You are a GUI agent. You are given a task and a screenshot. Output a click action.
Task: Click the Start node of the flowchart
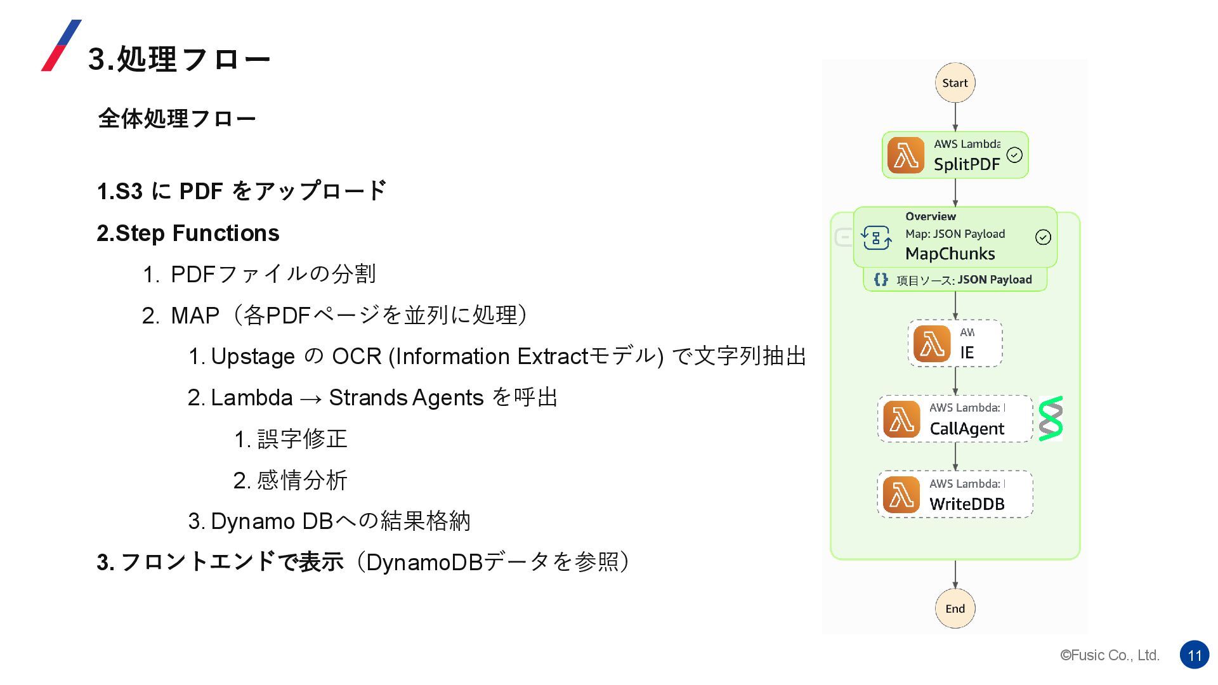coord(955,83)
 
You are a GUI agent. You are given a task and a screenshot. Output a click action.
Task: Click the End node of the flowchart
coord(955,609)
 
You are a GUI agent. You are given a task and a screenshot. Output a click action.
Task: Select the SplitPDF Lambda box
coord(955,155)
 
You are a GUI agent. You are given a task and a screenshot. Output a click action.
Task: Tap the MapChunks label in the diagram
coord(950,254)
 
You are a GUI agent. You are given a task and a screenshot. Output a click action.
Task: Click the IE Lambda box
coord(955,344)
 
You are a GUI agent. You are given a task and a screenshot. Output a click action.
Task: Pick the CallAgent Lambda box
coord(955,419)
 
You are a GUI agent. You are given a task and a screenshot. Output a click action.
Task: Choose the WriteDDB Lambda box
coord(955,495)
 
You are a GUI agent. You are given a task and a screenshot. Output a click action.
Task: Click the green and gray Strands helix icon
coord(1051,419)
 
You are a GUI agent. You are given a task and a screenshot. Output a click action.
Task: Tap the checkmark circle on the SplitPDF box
coord(1014,155)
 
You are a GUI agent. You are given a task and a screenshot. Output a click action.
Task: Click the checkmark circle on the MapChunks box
coord(1043,237)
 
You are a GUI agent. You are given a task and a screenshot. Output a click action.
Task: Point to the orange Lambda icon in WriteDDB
coord(901,495)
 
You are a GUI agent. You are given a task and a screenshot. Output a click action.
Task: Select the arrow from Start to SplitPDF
coord(955,117)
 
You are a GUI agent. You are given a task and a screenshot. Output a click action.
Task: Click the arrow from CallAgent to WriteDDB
coord(955,457)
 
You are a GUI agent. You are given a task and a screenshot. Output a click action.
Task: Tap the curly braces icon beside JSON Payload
coord(881,280)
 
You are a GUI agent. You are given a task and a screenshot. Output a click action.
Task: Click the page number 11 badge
coord(1195,655)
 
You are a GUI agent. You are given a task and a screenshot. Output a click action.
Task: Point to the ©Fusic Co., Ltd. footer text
coord(1110,655)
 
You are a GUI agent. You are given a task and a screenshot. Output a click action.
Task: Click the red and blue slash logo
coord(61,46)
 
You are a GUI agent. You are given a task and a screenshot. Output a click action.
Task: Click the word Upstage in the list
coord(253,356)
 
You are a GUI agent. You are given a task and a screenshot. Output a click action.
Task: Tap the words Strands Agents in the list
coord(406,398)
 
